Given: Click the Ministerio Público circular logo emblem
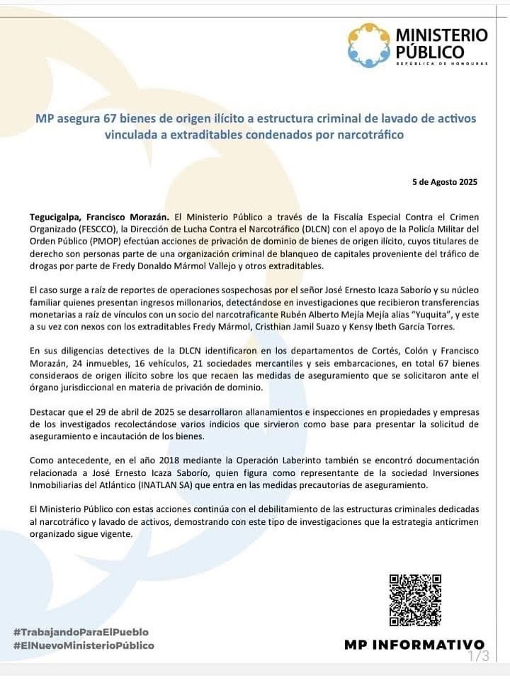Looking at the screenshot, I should pos(368,45).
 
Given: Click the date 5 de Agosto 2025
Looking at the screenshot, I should pos(445,181).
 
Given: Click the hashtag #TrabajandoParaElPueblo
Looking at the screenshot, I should pos(81,632).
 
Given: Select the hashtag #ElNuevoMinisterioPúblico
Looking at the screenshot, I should pos(84,645).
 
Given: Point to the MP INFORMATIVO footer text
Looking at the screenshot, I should pos(414,645).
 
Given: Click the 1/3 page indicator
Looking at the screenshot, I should pos(479,657).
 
